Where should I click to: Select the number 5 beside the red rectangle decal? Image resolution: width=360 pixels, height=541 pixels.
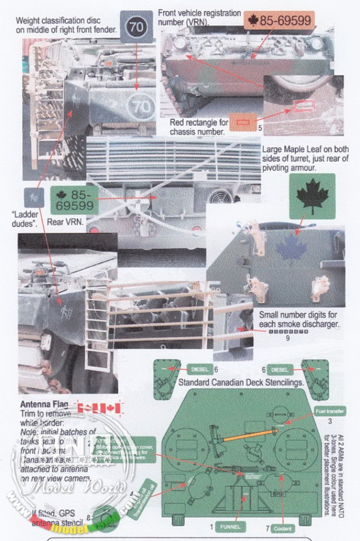260,128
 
